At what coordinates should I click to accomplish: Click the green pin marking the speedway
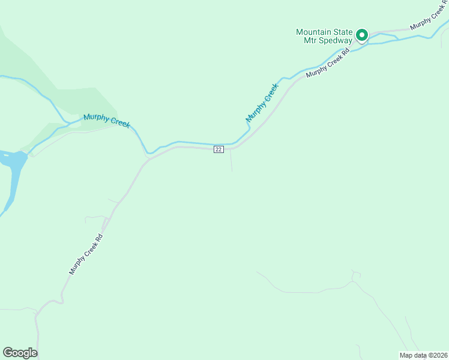click(362, 35)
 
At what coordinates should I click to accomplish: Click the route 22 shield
click(218, 149)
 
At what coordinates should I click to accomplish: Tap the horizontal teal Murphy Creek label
click(106, 121)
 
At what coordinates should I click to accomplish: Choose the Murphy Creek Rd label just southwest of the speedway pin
click(328, 64)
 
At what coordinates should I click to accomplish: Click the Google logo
click(20, 353)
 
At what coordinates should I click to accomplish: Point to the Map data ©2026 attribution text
click(423, 355)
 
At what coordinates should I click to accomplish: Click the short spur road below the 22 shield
click(231, 161)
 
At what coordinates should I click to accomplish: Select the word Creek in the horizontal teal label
click(118, 123)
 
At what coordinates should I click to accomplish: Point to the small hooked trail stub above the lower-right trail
click(355, 275)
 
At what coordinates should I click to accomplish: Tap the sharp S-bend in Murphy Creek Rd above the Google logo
click(51, 302)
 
